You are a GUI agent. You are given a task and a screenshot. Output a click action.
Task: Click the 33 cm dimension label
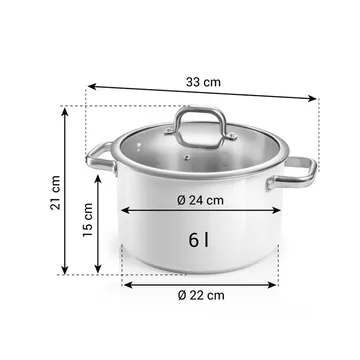(203, 82)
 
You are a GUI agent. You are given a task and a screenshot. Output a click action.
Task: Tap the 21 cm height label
(55, 192)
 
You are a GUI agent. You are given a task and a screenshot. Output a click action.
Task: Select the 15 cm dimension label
(88, 220)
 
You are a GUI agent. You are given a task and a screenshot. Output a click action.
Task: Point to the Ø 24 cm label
(200, 200)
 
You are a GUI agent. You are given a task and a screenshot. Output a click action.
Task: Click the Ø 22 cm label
(201, 295)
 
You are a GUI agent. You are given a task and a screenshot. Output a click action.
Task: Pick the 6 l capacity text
(199, 240)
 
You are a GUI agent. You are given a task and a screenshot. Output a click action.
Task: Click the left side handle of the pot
(101, 159)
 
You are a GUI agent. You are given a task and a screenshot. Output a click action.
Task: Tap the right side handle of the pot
(291, 174)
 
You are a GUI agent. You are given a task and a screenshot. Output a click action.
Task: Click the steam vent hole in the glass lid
(187, 157)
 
